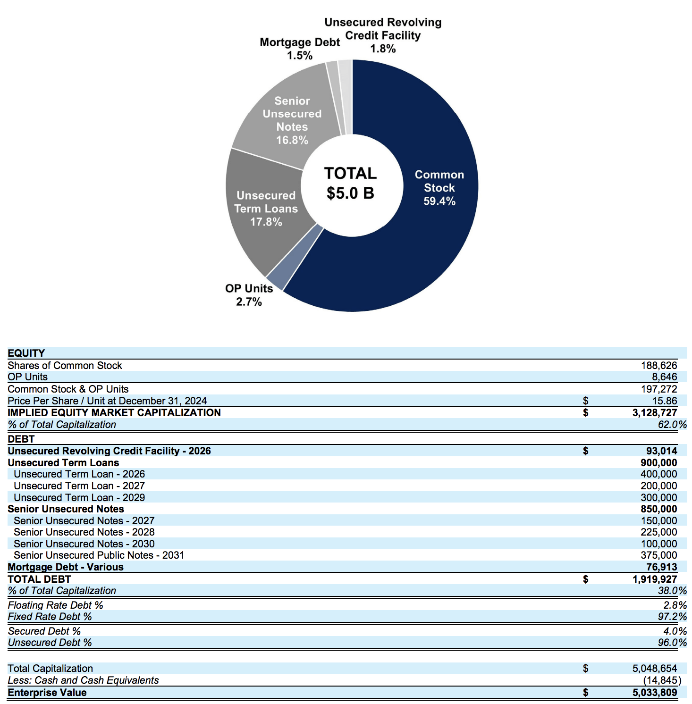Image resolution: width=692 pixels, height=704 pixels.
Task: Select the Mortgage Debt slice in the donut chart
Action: point(333,97)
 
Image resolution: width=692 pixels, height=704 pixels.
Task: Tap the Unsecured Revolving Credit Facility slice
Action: point(346,96)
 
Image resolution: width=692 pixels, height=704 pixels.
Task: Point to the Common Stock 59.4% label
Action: point(439,188)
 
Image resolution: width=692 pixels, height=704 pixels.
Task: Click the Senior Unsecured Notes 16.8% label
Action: point(292,120)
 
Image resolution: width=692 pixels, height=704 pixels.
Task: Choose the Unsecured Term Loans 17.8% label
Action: point(266,209)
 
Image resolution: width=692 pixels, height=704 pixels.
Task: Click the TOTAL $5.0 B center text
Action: point(350,183)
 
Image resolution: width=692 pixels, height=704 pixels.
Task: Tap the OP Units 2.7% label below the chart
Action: point(249,295)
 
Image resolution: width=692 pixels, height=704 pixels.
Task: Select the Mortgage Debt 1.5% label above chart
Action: point(300,49)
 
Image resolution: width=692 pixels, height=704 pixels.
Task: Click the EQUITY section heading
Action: point(26,353)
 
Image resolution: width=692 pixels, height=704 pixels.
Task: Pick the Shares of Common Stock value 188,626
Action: point(658,365)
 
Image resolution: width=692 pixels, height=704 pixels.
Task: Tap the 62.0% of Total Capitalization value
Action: point(672,424)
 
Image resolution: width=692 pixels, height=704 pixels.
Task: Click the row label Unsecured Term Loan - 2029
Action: point(79,497)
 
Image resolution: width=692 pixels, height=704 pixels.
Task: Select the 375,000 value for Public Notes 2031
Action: point(658,555)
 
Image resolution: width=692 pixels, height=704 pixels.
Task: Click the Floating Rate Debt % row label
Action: point(55,605)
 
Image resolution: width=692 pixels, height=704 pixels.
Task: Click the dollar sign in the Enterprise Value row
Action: point(585,692)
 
